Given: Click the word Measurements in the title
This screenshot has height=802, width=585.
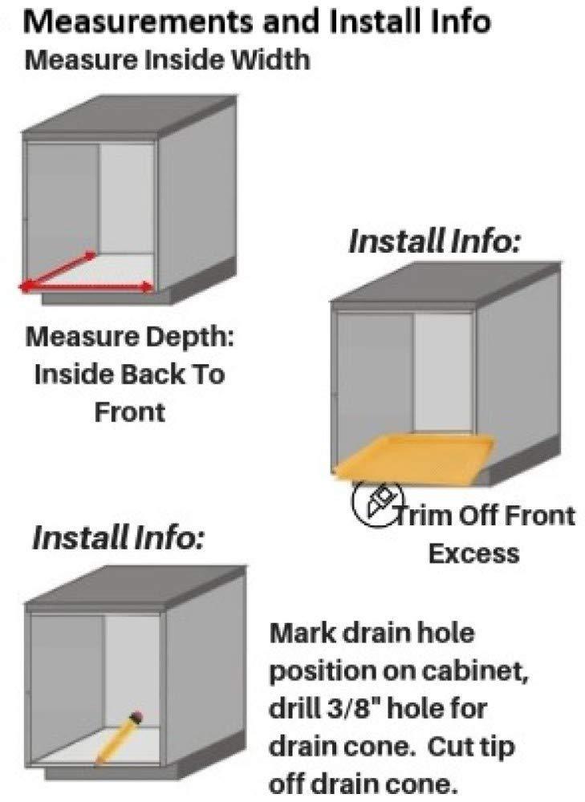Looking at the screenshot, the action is tap(138, 22).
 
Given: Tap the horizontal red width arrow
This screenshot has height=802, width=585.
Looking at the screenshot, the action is tap(86, 286).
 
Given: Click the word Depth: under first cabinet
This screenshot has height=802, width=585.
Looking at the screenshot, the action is tap(190, 337).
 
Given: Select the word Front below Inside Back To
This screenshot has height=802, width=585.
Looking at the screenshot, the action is tap(130, 411).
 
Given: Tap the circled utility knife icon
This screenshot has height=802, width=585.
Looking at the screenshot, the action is tap(378, 504).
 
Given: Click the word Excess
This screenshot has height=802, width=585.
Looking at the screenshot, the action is tap(473, 553).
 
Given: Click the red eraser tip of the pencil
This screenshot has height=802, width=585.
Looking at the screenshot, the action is tap(136, 716).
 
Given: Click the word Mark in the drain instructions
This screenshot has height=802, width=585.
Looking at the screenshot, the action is tap(302, 633).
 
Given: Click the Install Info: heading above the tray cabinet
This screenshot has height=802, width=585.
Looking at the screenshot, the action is tap(434, 241).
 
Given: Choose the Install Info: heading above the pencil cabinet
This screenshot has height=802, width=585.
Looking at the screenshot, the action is tap(118, 537).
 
